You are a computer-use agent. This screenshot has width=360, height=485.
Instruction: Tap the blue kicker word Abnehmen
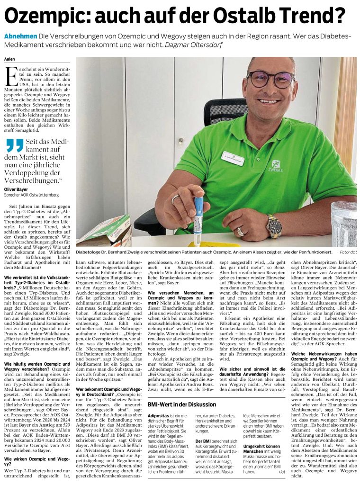[20, 36]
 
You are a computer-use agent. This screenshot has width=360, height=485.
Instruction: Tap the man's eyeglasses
[270, 78]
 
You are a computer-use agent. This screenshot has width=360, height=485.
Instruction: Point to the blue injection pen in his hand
[198, 213]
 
